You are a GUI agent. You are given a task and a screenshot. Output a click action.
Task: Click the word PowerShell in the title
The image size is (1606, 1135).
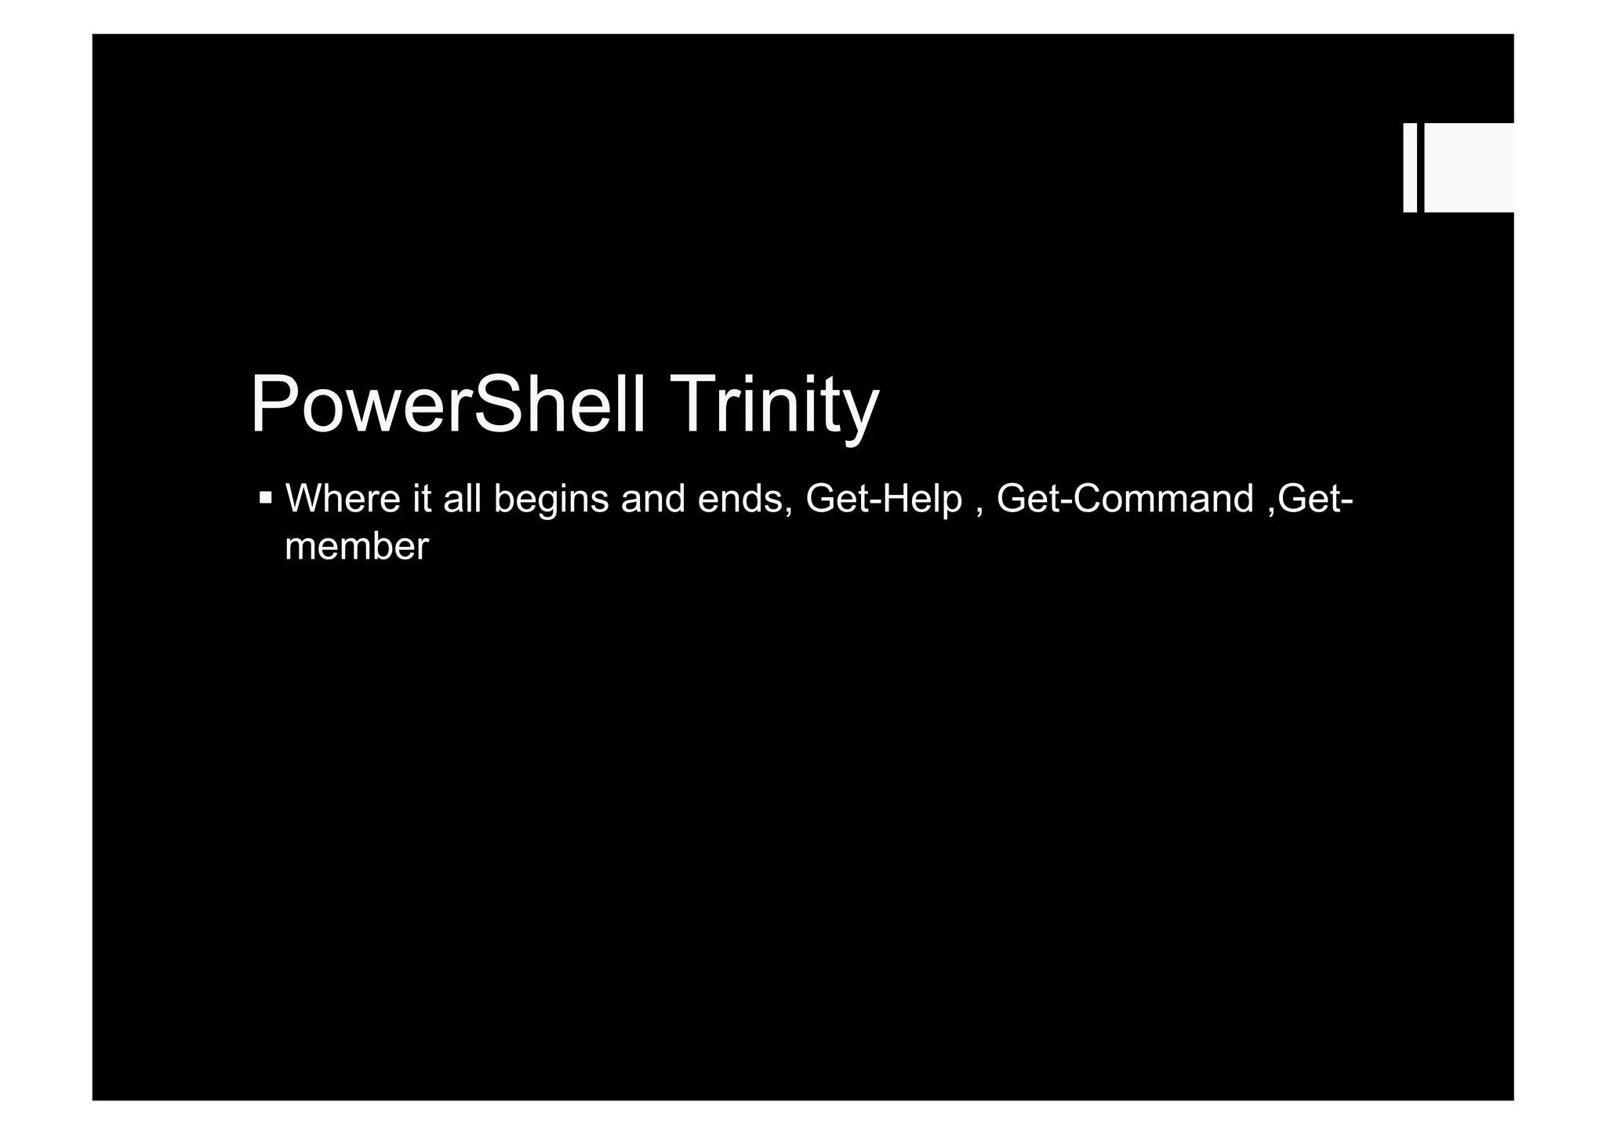(x=448, y=405)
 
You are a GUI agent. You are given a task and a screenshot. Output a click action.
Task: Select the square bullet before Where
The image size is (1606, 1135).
(x=266, y=497)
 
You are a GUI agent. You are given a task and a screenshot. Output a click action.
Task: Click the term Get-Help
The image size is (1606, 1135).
(x=884, y=499)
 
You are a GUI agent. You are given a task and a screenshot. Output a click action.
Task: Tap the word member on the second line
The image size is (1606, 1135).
(x=357, y=546)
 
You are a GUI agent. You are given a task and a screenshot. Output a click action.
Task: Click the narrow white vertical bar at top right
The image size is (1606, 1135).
(x=1410, y=167)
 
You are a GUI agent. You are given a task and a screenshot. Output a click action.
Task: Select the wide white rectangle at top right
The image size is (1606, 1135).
(x=1469, y=167)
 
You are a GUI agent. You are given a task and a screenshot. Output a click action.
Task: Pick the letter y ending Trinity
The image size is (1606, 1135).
(x=859, y=412)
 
